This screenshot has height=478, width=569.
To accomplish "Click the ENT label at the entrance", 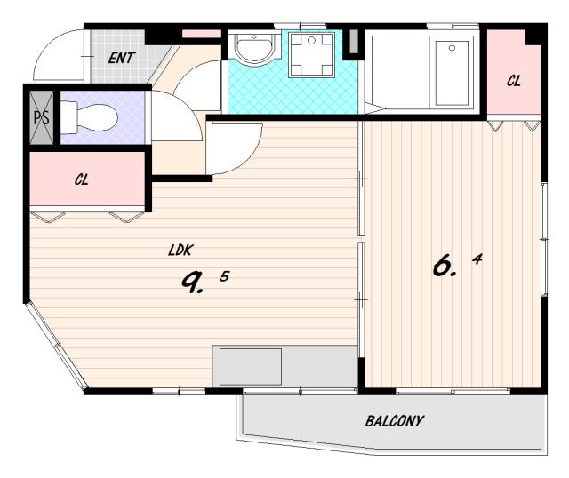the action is tap(122, 58).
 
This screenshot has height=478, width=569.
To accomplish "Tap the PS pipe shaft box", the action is tap(42, 117).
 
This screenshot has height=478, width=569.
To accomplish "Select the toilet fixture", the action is tap(89, 117).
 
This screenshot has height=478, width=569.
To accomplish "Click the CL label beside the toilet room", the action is tap(82, 179).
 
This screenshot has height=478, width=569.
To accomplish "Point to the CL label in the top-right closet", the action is tap(514, 81).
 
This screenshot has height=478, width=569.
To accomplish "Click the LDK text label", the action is tap(180, 251).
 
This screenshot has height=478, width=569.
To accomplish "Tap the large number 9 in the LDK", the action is tap(192, 283).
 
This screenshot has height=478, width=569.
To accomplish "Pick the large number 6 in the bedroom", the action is tap(444, 266).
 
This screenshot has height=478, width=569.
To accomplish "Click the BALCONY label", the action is tap(395, 421).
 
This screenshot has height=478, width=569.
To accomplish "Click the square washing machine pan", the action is tap(311, 54).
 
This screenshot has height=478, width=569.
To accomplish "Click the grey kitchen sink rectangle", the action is tap(251, 367).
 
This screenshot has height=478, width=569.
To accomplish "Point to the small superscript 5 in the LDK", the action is tap(225, 276).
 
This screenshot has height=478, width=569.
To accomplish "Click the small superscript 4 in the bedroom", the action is tap(477, 259).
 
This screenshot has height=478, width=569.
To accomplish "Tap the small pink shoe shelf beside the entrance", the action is tap(201, 34).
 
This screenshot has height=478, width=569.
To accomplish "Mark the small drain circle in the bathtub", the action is tap(452, 48).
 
